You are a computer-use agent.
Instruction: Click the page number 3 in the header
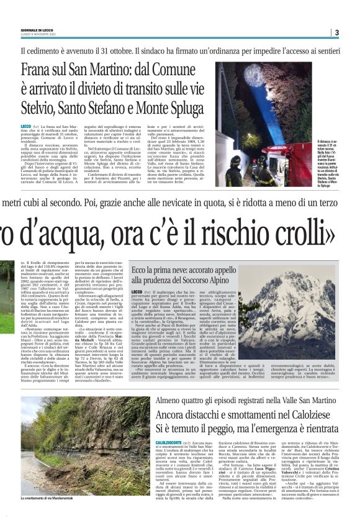pyautogui.click(x=336, y=32)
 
